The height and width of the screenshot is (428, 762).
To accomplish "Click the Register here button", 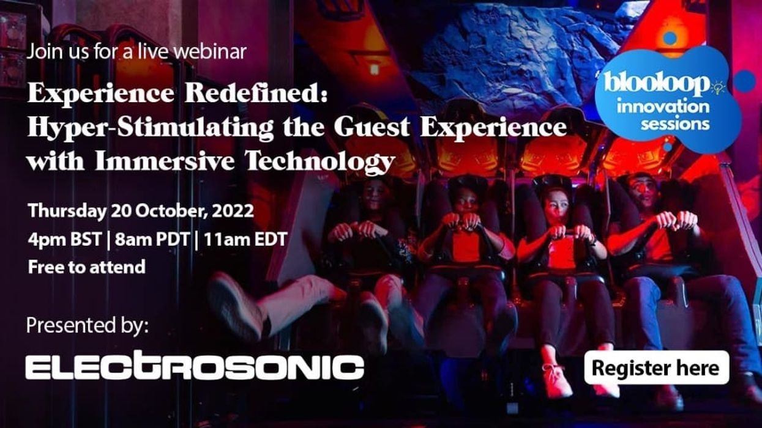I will point(656,368).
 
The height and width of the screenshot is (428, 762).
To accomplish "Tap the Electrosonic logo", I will point(195,367).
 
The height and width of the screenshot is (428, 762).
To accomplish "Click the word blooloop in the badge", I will point(657,84).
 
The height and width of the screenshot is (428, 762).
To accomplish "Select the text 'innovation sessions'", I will point(663,115).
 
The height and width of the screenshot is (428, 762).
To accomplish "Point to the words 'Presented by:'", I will point(87,325).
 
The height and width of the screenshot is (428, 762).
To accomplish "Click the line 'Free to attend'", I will point(86,267).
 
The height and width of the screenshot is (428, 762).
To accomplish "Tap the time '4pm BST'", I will point(64,239).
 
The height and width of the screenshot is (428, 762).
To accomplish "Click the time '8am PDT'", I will point(151,239).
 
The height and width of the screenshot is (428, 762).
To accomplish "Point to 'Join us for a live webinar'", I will point(136,51).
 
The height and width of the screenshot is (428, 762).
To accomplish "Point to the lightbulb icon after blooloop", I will point(717,87).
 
